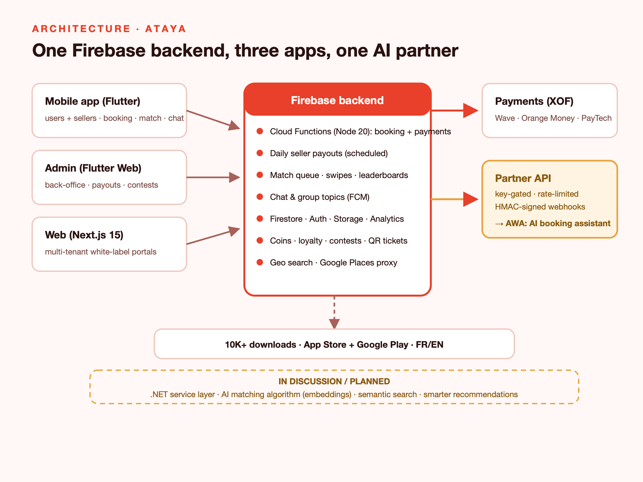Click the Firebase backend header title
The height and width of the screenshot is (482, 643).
[x=337, y=100]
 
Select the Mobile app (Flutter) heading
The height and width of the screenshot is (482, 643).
[x=93, y=101]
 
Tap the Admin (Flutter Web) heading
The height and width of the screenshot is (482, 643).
[x=93, y=168]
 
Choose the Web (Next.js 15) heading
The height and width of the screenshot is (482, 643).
[x=84, y=235]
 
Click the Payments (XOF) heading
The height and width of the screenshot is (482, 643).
[x=534, y=101]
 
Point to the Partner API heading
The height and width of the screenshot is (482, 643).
[x=523, y=178]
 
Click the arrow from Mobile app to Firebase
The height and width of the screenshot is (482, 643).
[x=213, y=120]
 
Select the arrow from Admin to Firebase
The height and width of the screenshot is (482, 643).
[x=213, y=177]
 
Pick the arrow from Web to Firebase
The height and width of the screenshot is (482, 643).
[x=213, y=236]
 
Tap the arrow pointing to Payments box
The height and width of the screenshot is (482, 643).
[x=455, y=111]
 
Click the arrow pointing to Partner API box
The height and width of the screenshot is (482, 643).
[x=455, y=199]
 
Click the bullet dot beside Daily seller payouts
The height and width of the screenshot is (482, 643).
[x=260, y=153]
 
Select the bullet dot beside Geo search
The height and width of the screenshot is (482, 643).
[x=260, y=262]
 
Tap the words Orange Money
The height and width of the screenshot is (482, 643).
[x=548, y=118]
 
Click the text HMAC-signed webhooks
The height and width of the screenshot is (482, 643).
[x=540, y=207]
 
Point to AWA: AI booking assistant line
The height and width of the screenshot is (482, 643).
[x=553, y=223]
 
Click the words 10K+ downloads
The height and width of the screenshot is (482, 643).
[x=260, y=344]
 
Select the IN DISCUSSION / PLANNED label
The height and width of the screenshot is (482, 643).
[x=334, y=381]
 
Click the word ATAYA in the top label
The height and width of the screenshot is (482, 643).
[x=166, y=29]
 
